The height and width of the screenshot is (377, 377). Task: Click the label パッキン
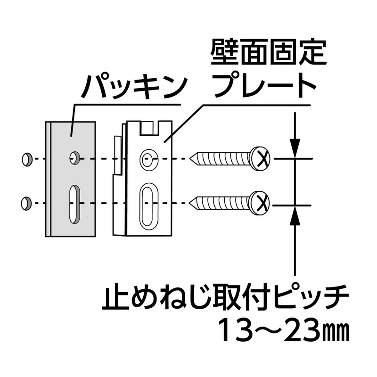pos(134,87)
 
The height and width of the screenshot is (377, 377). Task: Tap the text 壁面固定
pos(269,52)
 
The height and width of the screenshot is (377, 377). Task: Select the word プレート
pos(265,85)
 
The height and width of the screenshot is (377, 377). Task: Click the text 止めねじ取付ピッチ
pos(225,298)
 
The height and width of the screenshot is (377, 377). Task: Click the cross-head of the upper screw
pos(260,158)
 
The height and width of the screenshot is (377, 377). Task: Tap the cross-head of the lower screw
pos(259,203)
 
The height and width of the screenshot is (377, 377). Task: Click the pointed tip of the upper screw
pos(190,159)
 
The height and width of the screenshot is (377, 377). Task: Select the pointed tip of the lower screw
pos(189,204)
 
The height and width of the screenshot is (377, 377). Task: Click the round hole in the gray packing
pos(74,158)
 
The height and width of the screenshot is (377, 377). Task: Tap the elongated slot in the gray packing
pos(74,205)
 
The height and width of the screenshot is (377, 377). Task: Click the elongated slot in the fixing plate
pos(148,206)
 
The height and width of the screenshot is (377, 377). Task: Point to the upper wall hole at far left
pos(26,159)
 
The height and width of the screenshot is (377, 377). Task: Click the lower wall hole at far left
pos(26,204)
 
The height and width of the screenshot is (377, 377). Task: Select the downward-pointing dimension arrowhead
pos(295,148)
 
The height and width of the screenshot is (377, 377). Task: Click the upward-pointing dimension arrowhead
pos(295,215)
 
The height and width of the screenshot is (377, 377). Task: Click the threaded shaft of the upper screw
pos(223,159)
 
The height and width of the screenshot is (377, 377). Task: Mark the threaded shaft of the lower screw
pos(222,203)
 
